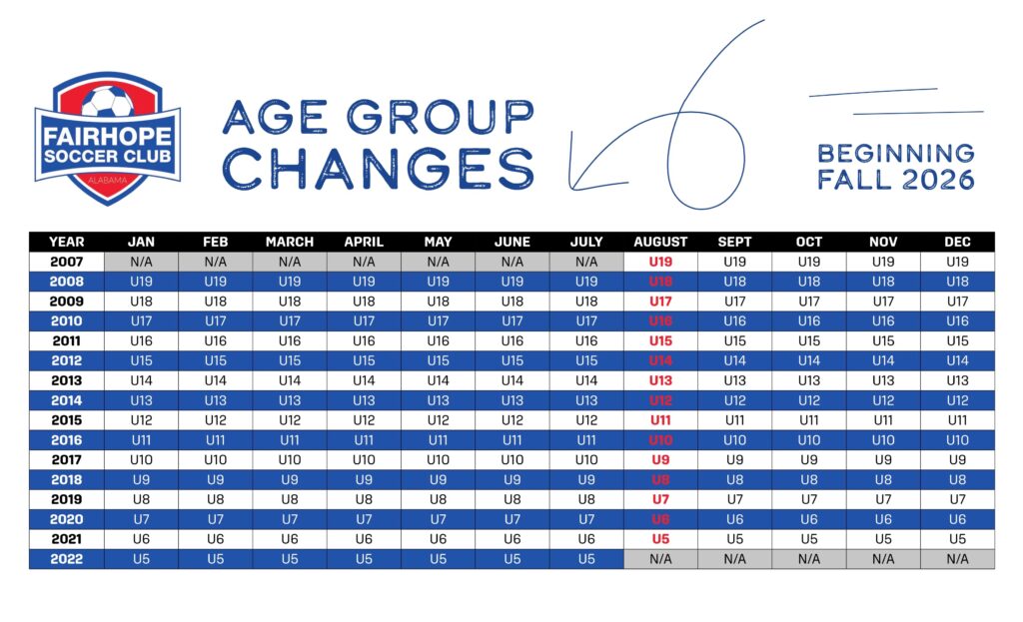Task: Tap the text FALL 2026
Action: click(x=895, y=181)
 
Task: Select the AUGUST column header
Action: click(x=660, y=242)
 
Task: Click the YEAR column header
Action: click(x=67, y=242)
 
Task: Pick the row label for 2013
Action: click(x=67, y=380)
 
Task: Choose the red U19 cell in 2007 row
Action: click(x=660, y=262)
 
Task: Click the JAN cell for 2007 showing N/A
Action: click(x=141, y=262)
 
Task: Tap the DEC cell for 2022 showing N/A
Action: click(x=957, y=559)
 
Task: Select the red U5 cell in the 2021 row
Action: click(x=660, y=539)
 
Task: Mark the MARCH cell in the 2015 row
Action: click(x=290, y=420)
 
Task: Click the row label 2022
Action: click(x=67, y=559)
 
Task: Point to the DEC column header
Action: click(x=957, y=242)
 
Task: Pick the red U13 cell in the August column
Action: click(x=660, y=380)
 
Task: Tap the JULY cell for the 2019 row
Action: click(x=586, y=499)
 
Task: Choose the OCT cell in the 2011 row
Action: click(x=809, y=340)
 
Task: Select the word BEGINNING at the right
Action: click(x=895, y=154)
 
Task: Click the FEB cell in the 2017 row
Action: click(x=215, y=459)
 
